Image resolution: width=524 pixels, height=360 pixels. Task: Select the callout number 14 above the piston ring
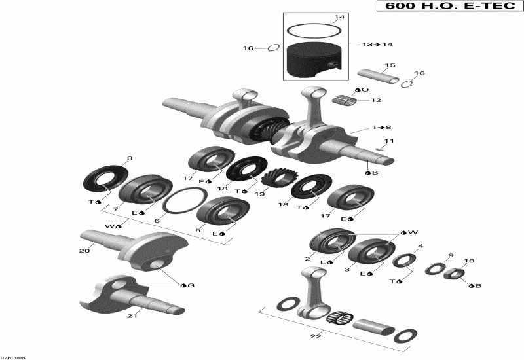point(339,17)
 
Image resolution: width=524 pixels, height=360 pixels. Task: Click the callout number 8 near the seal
point(129,159)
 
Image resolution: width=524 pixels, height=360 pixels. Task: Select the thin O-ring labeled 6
point(181,201)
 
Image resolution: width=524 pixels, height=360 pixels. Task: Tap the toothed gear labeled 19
point(275,176)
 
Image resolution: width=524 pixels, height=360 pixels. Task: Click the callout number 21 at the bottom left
point(131,316)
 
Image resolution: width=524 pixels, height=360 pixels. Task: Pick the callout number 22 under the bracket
point(316,336)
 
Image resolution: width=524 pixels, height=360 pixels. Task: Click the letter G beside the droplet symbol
point(191,285)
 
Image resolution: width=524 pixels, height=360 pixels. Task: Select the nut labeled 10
point(452,274)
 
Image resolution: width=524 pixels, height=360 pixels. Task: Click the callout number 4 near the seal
point(421,246)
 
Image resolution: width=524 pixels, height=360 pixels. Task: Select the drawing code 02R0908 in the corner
point(13,357)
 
